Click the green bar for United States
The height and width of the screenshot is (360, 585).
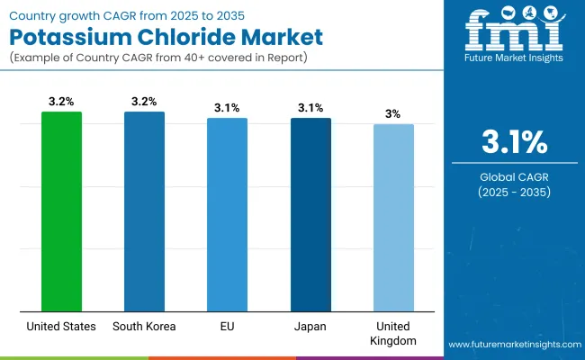point(61,211)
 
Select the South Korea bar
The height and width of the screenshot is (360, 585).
point(144,211)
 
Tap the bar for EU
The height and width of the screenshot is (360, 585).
point(227,214)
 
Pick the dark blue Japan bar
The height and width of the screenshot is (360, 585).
point(310,214)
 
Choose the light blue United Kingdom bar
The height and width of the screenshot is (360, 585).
point(393,218)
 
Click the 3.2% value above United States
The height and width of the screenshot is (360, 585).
point(61,101)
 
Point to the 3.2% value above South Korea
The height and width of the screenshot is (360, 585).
point(144,101)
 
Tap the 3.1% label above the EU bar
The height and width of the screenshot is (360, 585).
point(227,107)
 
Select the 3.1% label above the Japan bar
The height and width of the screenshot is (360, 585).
point(310,107)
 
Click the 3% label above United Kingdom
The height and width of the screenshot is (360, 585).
point(393,113)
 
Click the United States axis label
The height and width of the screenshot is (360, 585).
point(61,327)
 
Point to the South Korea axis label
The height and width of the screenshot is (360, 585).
point(144,327)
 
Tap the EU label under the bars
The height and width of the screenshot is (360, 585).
point(227,327)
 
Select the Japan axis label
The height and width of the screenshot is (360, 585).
point(310,327)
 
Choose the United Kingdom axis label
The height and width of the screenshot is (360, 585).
point(393,333)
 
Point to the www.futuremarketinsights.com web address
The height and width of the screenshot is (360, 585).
point(512,345)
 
